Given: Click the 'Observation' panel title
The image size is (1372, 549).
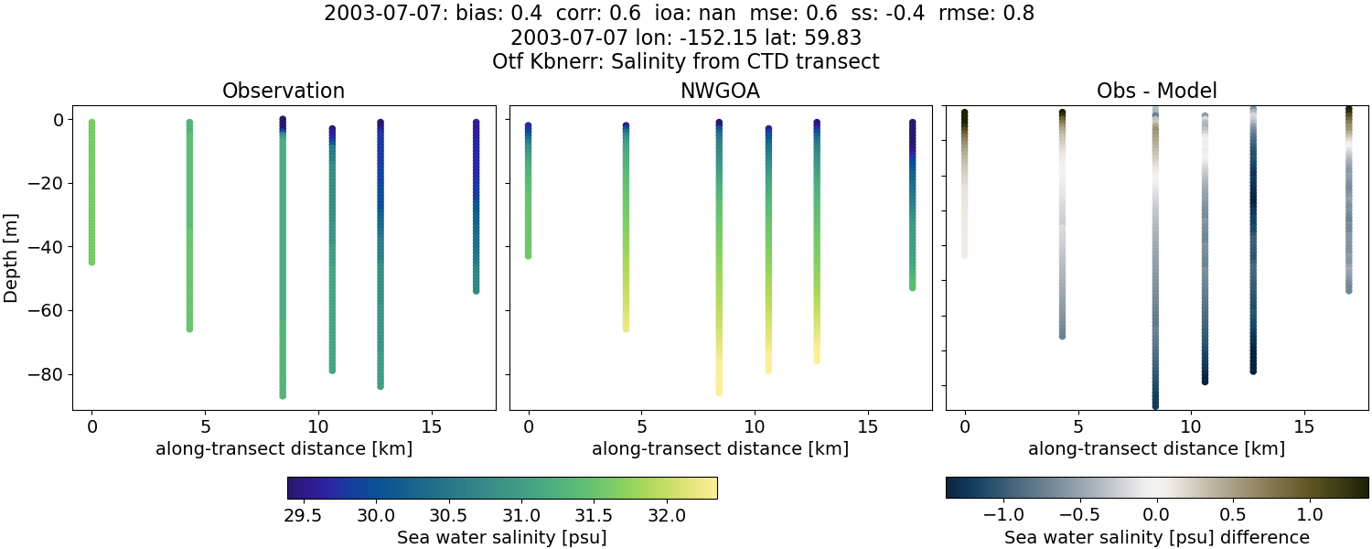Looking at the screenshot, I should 284,91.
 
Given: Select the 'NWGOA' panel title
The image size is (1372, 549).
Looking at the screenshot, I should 720,91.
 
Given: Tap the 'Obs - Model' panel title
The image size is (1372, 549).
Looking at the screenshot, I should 1156,91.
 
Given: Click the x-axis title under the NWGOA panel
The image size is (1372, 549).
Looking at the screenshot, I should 720,448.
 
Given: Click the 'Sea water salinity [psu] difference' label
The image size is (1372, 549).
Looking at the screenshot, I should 1156,537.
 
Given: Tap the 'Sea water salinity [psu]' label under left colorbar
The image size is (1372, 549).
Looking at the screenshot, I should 501,537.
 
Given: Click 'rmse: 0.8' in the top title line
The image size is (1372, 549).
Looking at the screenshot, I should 993,14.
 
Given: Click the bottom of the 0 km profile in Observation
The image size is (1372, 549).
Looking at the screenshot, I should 91,262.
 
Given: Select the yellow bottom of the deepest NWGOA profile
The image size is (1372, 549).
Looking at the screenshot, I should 719,392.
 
